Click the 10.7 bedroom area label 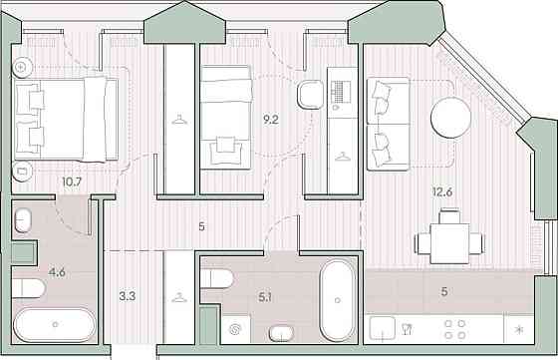71,181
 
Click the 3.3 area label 127,295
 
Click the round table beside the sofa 450,117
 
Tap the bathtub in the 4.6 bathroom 56,324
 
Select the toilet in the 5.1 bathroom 216,278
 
